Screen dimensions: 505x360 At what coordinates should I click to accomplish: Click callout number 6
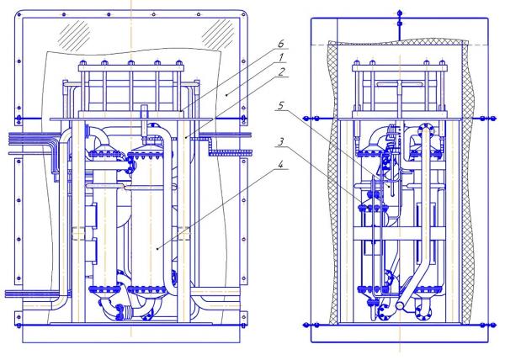click(281, 43)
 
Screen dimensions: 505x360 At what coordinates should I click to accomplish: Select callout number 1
click(281, 57)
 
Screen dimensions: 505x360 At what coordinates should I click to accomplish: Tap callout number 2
click(282, 71)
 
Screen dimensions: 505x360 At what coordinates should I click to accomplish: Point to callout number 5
click(281, 105)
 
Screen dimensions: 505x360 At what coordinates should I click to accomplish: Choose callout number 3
click(281, 141)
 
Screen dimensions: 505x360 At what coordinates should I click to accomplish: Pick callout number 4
click(281, 165)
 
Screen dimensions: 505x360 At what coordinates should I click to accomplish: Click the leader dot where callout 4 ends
click(157, 248)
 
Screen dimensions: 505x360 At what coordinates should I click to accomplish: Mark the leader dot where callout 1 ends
click(226, 94)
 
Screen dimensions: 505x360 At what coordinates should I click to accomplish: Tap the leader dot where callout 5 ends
click(390, 186)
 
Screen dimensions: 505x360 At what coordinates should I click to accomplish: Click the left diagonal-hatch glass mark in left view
click(76, 35)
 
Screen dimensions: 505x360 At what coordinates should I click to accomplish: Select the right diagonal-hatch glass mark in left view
click(219, 33)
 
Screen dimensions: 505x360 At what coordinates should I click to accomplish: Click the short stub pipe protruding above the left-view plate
click(144, 113)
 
